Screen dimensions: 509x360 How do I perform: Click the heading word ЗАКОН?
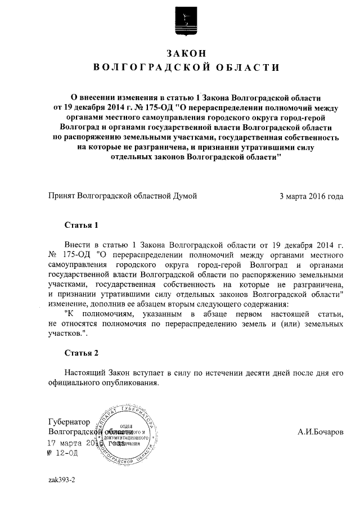pos(186,53)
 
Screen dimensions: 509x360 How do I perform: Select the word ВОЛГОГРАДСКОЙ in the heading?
pos(147,68)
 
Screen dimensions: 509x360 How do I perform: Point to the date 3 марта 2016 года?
pos(311,196)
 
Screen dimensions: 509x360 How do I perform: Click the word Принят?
pos(62,196)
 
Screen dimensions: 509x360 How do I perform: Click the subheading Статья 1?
pos(82,226)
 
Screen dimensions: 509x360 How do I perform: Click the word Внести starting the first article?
pos(77,246)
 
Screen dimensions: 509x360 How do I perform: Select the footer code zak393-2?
pos(62,481)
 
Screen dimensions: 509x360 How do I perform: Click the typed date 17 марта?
pos(68,443)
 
